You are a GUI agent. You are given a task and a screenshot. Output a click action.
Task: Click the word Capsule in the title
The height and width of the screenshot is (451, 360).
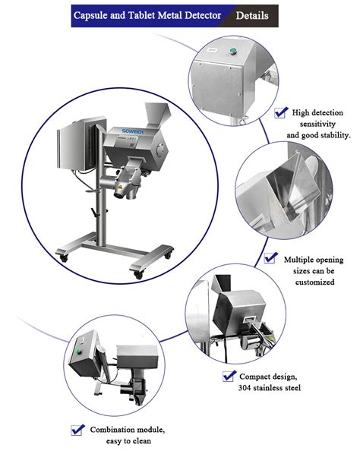tap(97, 14)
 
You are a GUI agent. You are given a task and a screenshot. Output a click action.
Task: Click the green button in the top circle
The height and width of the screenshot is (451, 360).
tap(234, 52)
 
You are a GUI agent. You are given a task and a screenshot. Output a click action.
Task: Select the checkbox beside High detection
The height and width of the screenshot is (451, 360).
tap(281, 112)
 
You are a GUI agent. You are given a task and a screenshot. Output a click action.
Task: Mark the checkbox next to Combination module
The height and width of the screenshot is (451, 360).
tap(77, 429)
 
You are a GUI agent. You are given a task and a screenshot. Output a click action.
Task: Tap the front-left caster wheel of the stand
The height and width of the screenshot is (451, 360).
tap(62, 258)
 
